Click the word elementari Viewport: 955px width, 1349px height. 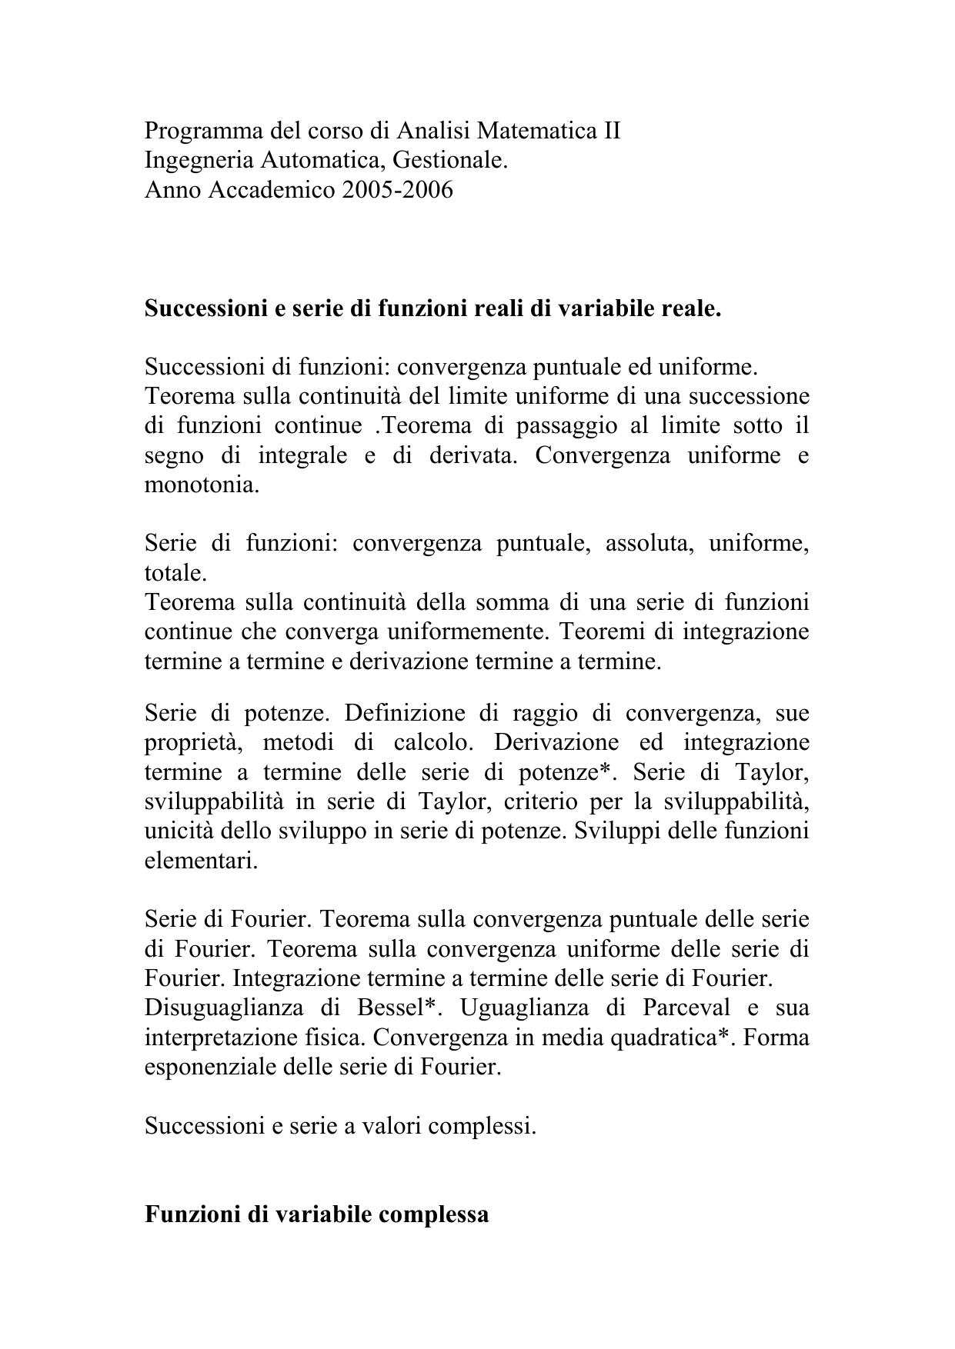pos(201,861)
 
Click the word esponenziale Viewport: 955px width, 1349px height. pos(211,1068)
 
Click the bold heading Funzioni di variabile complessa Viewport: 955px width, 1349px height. pos(316,1214)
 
